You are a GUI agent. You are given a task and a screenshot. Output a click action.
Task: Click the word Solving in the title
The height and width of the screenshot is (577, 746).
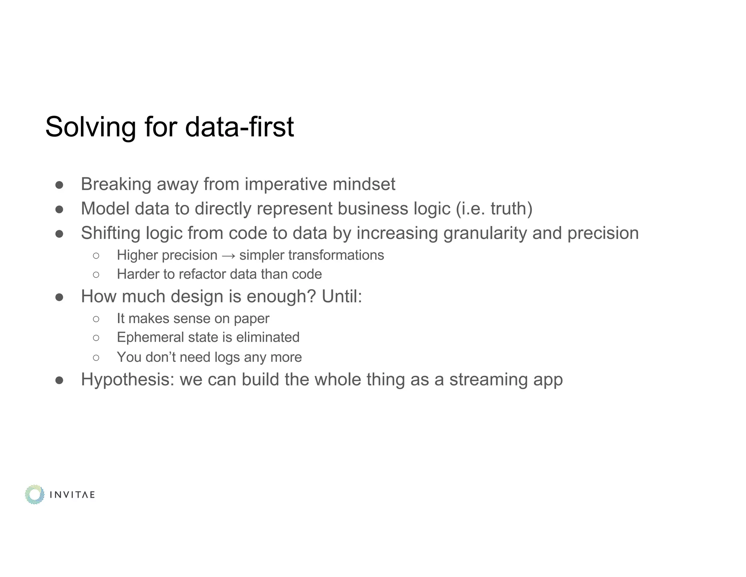(90, 127)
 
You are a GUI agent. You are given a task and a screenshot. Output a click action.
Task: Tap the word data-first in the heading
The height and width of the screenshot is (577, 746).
(239, 127)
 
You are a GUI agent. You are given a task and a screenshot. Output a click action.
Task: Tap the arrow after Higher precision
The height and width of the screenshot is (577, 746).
(228, 255)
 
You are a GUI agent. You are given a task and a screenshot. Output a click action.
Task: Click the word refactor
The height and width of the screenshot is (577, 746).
(202, 274)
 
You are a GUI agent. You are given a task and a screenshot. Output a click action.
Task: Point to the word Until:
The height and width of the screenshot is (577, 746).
(342, 296)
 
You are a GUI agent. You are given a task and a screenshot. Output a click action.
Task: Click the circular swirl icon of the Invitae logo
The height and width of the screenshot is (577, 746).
(35, 495)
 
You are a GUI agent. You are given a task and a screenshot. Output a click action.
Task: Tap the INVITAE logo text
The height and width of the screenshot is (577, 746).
(72, 495)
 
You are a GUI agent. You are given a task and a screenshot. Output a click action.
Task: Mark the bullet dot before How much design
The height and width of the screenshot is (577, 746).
(59, 297)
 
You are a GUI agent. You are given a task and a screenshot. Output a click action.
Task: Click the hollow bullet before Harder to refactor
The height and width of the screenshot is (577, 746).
(96, 275)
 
